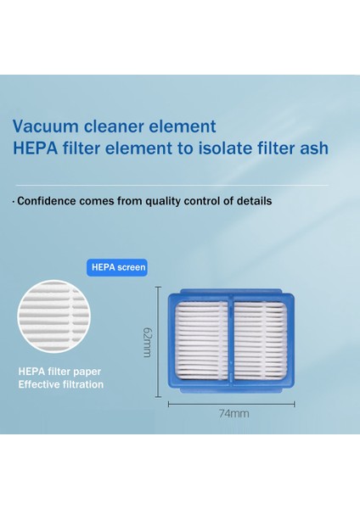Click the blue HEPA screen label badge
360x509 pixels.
coord(118,267)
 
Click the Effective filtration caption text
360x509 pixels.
coord(60,384)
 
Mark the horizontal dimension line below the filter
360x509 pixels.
coord(231,403)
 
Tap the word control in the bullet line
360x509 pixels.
coord(210,201)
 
